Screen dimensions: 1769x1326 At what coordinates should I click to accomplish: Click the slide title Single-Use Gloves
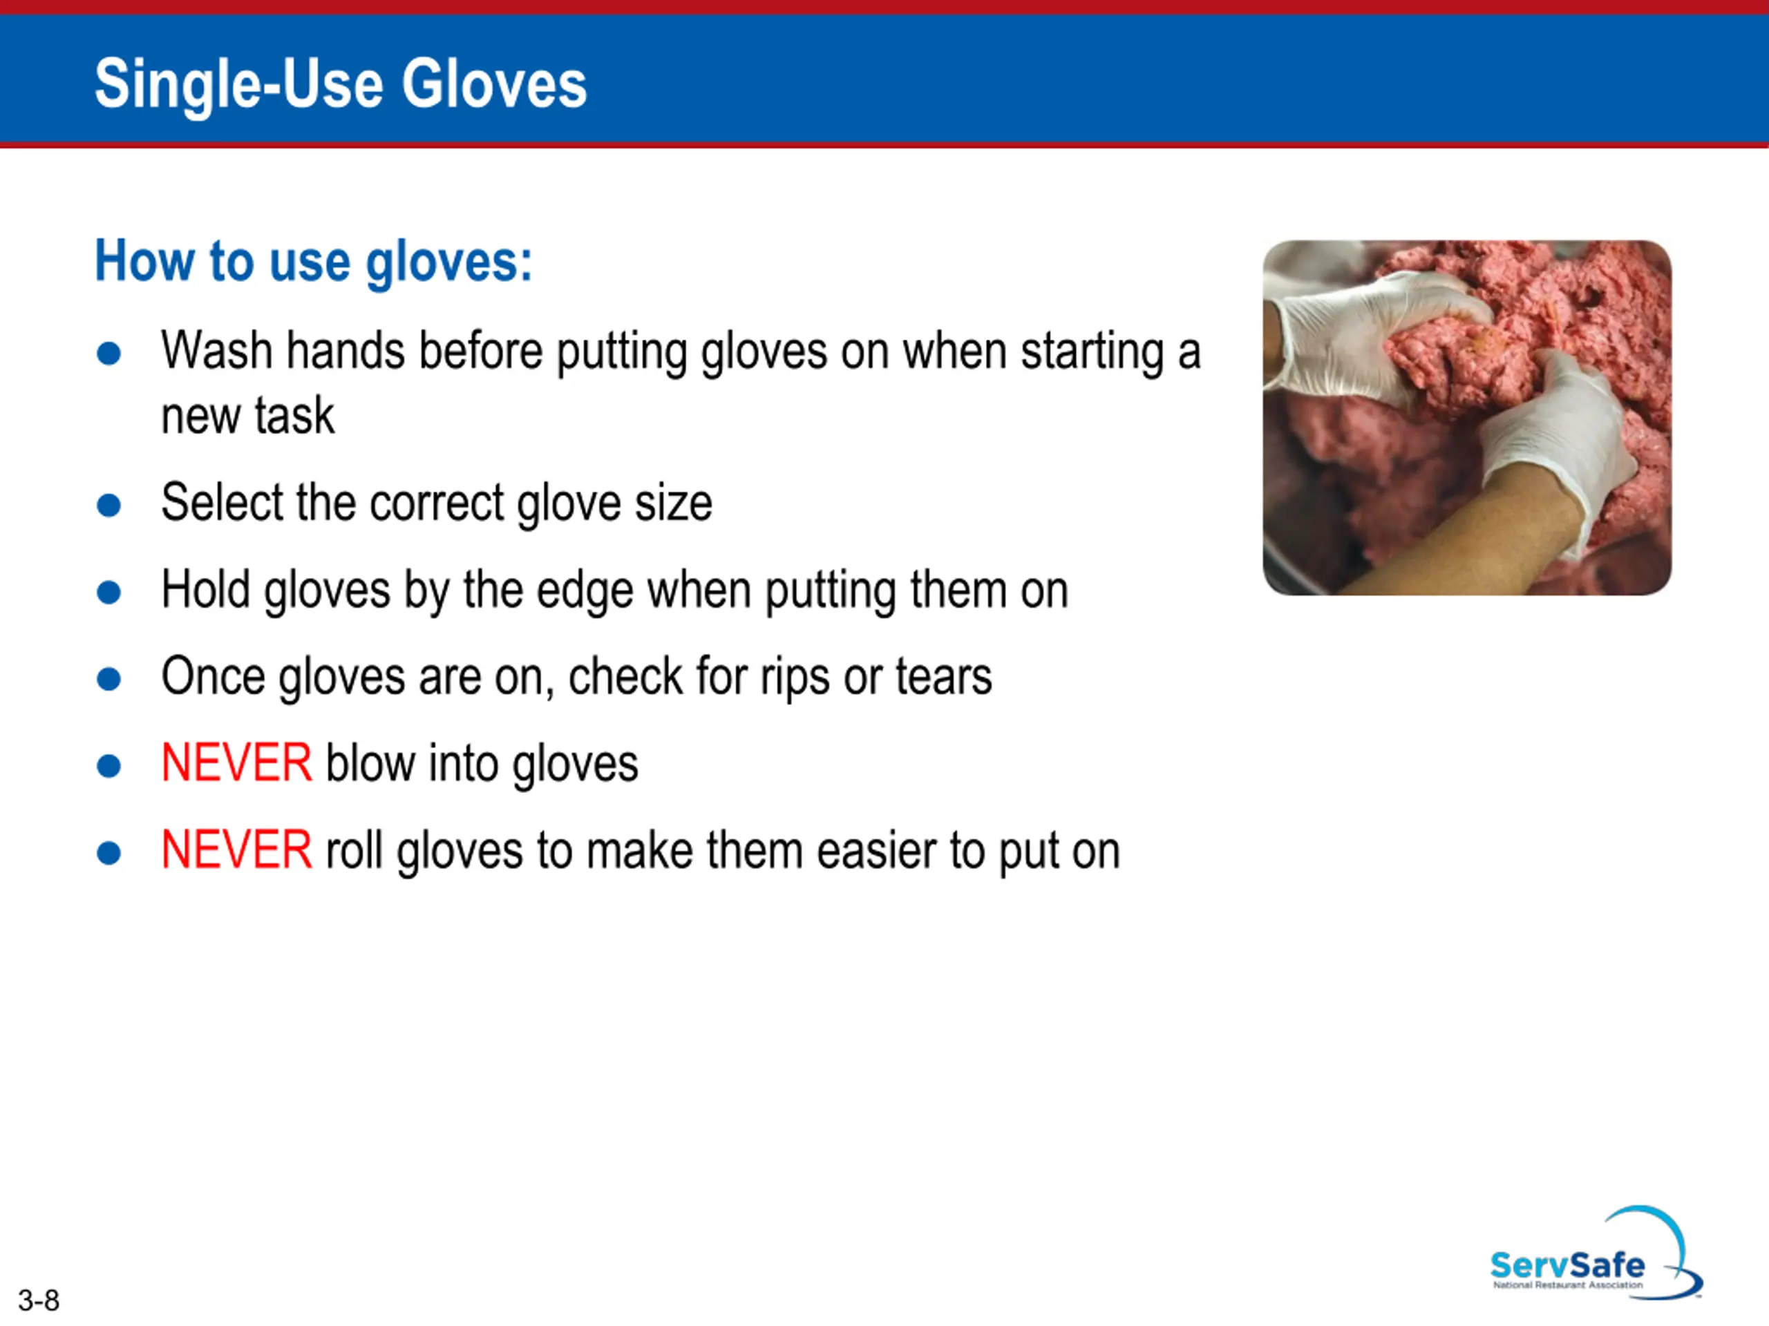coord(341,85)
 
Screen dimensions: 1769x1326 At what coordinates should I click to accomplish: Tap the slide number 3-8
coord(39,1300)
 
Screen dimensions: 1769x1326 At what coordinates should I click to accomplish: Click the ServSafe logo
coord(1596,1253)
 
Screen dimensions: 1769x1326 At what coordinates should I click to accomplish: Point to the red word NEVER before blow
coord(236,762)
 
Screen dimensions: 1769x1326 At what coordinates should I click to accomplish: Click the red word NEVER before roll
coord(236,849)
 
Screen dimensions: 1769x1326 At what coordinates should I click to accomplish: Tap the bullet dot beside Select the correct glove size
coord(108,505)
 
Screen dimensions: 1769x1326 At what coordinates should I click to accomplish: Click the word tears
coord(944,677)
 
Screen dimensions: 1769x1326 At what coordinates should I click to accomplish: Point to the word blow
coord(370,762)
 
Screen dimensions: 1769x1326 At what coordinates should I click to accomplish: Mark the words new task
coord(248,416)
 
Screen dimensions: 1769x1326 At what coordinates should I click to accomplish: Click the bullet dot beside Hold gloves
coord(108,593)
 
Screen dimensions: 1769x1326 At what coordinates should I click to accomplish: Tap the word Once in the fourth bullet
coord(213,677)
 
